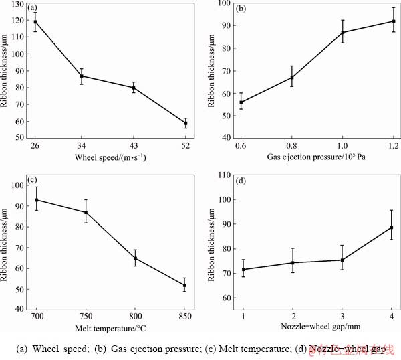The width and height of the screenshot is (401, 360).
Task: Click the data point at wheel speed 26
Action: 35,22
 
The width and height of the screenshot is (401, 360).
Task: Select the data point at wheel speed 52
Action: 186,124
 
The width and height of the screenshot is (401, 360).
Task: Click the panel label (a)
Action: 31,8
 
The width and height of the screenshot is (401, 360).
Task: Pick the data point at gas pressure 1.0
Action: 343,32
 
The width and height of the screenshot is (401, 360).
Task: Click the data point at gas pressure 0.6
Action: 241,102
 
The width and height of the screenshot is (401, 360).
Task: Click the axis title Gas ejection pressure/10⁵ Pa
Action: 316,159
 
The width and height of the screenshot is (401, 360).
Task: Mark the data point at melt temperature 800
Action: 136,258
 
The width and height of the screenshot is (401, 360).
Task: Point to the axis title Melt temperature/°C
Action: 110,327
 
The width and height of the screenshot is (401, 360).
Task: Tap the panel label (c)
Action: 33,180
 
